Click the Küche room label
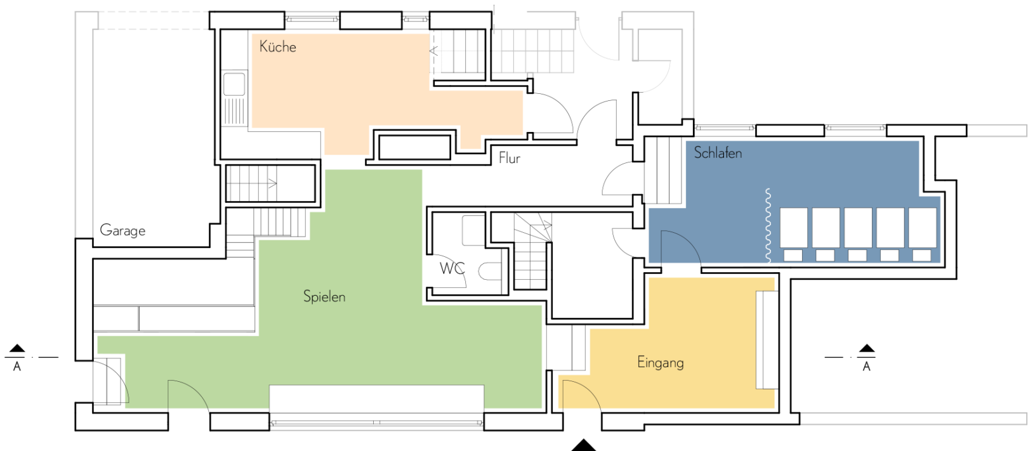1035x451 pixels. coord(278,46)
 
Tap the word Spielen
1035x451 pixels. coord(324,296)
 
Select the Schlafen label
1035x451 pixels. coord(718,152)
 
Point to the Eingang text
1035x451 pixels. coord(660,362)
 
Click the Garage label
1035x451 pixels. coord(122,230)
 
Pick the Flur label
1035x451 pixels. coord(509,158)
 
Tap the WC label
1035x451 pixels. coord(452,268)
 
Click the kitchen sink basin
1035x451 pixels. coord(234,84)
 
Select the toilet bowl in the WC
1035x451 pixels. coord(490,271)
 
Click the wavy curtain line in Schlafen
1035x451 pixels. coord(768,225)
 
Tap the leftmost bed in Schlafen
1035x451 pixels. coord(794,227)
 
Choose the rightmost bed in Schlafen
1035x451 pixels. coord(922,227)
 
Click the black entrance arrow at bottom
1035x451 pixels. coord(584,445)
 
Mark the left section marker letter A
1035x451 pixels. coord(17,367)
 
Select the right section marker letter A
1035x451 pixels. coord(866,367)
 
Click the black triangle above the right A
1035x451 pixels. coord(867,348)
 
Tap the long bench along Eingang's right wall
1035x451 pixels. coord(766,339)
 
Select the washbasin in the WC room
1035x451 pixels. coord(473,230)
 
